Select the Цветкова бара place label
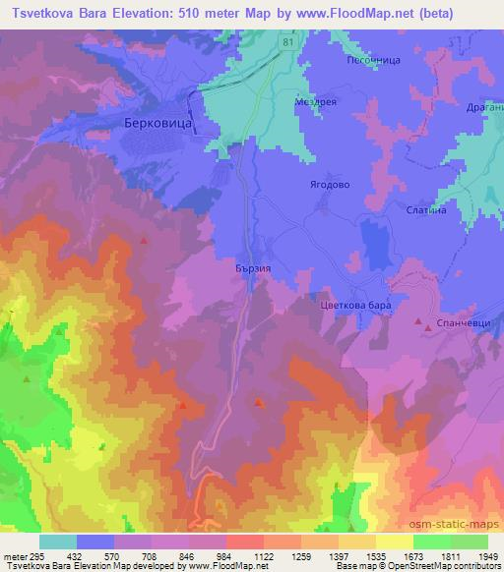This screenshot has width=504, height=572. [x=356, y=307]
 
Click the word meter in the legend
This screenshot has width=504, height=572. [x=15, y=556]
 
